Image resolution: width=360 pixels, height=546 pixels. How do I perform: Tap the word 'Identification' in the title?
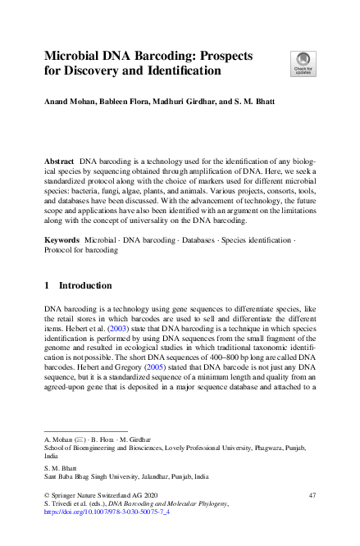point(182,71)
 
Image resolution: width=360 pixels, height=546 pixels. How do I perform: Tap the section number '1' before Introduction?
point(47,286)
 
